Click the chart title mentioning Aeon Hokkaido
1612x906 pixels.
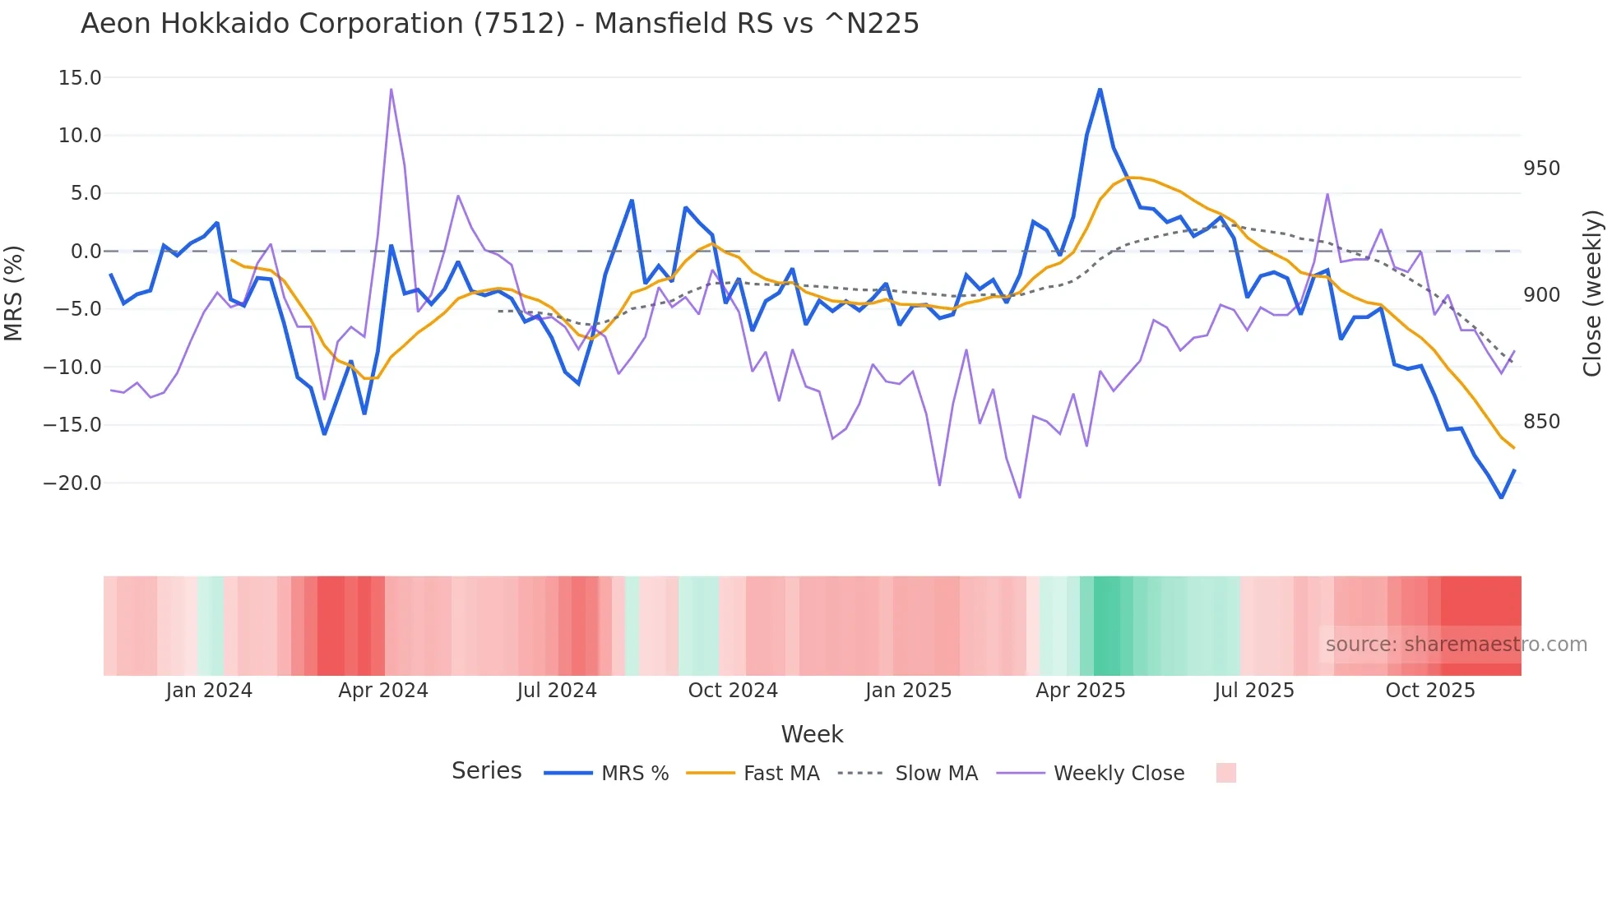pos(499,24)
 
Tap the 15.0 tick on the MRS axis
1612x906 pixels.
pos(80,78)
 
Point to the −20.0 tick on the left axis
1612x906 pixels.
pos(73,483)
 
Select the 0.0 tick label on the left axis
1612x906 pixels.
pos(86,252)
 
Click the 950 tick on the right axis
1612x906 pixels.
pos(1541,169)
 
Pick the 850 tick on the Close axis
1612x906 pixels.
pos(1541,422)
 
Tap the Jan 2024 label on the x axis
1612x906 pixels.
pos(209,691)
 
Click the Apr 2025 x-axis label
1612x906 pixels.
pos(1080,691)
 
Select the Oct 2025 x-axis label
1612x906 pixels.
pos(1430,691)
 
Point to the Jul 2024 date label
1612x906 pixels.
pos(557,691)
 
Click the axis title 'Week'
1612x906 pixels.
pos(812,734)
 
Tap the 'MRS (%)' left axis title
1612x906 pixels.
pos(14,293)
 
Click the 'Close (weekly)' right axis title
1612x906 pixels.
pos(1592,293)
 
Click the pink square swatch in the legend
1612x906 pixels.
pos(1225,773)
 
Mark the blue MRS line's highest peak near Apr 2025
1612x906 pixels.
pos(1100,90)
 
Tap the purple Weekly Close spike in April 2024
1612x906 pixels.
pos(391,90)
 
